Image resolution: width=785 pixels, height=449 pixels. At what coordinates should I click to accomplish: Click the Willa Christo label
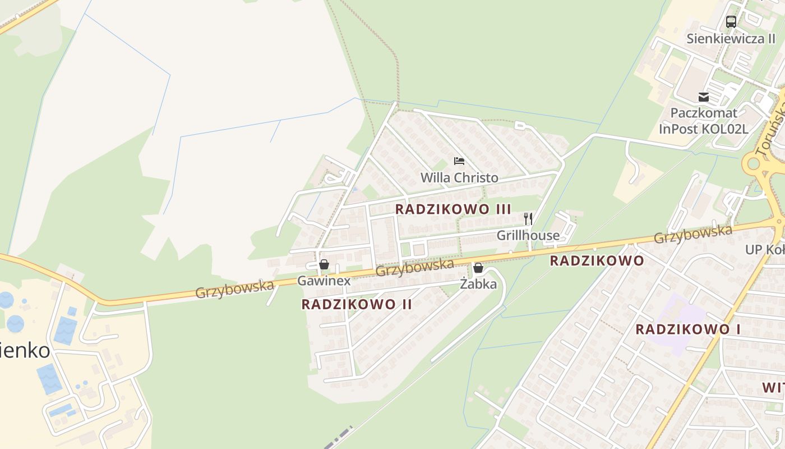[x=459, y=178]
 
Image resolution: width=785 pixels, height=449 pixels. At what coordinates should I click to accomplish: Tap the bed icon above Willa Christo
[x=459, y=162]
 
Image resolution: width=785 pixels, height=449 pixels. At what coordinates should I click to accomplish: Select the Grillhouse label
[x=528, y=235]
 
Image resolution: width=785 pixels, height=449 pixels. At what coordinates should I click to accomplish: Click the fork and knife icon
[x=528, y=218]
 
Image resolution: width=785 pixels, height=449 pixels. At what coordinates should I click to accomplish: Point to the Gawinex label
[x=324, y=281]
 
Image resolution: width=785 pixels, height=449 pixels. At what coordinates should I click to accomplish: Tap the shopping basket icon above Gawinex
[x=324, y=264]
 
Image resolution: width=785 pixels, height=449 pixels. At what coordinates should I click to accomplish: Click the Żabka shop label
[x=478, y=284]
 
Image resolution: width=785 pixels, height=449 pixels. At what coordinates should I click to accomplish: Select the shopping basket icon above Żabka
[x=478, y=268]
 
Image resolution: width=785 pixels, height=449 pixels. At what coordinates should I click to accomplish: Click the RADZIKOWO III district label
[x=453, y=209]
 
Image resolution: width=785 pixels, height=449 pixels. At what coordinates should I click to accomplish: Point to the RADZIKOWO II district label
[x=357, y=304]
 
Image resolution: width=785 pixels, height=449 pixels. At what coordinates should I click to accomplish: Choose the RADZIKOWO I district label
[x=687, y=329]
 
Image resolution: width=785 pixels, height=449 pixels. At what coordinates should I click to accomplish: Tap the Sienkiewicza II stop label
[x=731, y=39]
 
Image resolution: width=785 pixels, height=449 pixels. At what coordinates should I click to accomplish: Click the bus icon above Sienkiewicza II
[x=731, y=22]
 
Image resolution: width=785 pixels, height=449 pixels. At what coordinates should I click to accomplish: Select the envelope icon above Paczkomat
[x=703, y=97]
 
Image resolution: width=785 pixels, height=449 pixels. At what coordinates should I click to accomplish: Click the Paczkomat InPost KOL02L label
[x=703, y=121]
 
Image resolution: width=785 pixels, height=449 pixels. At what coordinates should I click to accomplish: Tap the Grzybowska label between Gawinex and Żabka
[x=414, y=267]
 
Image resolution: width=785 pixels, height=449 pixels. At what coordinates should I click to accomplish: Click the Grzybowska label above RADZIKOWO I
[x=693, y=235]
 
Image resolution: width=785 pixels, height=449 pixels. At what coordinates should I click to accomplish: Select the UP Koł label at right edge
[x=765, y=249]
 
